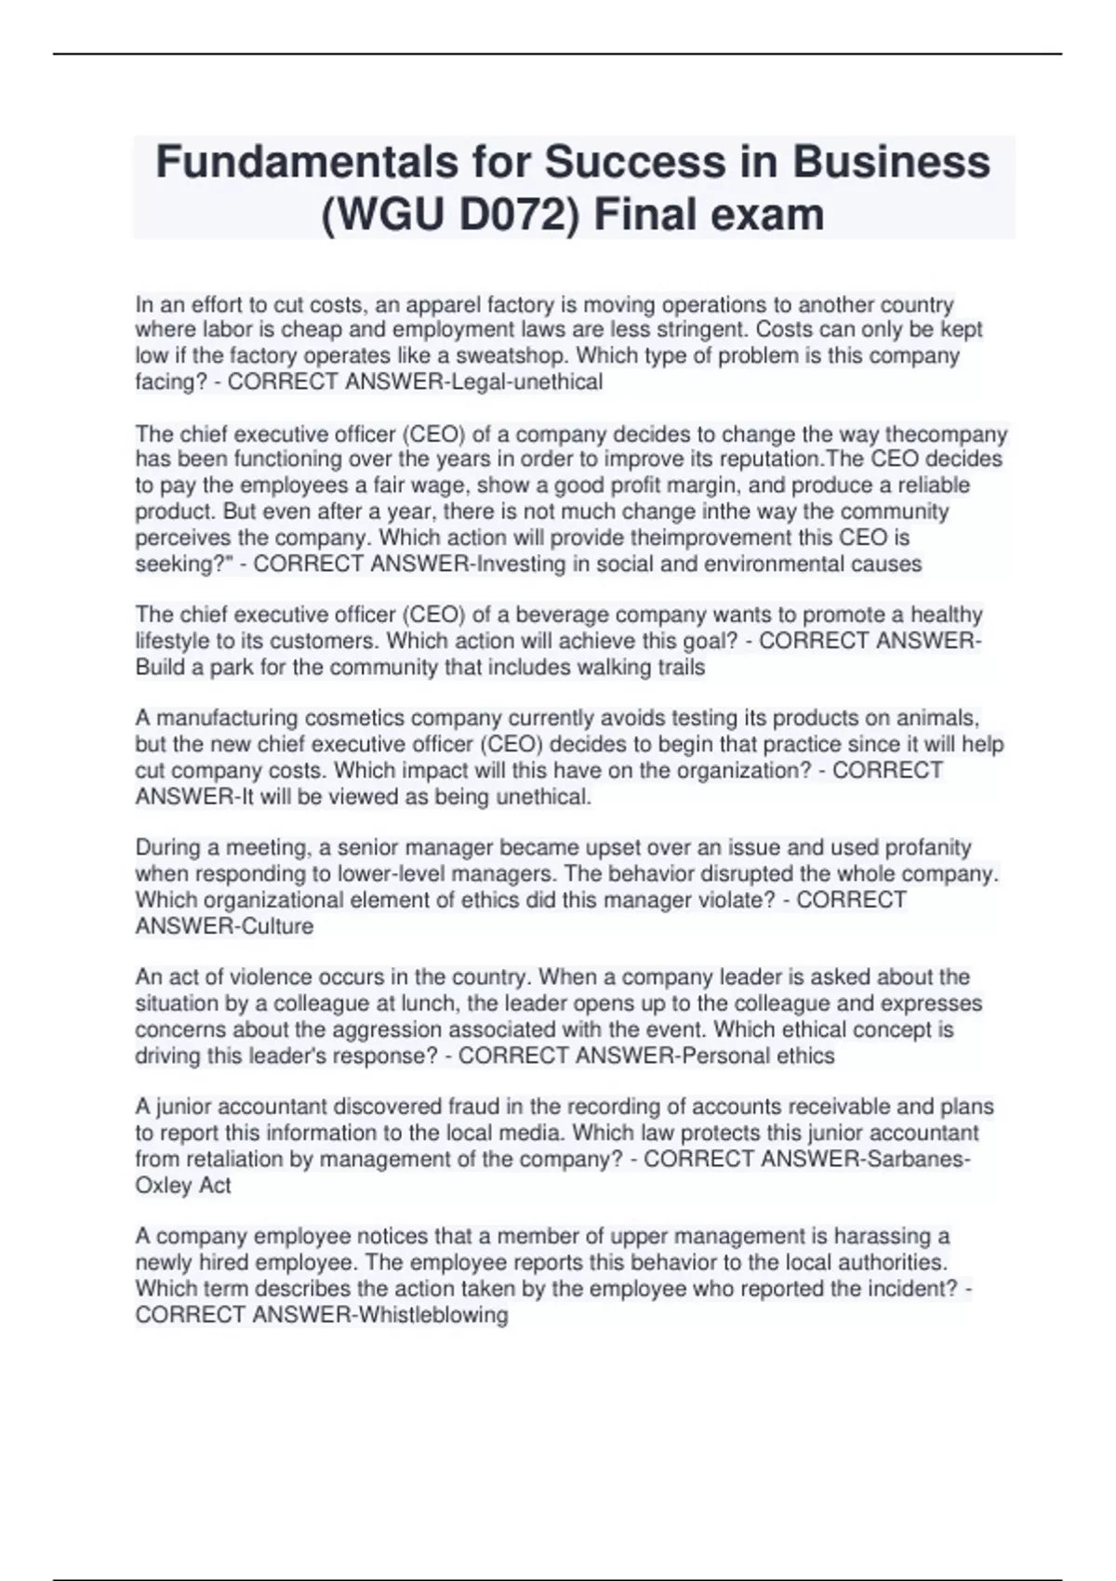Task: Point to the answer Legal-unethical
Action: click(x=526, y=382)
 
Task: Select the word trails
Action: click(x=680, y=668)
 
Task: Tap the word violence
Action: click(x=271, y=977)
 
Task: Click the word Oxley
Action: click(x=165, y=1186)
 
